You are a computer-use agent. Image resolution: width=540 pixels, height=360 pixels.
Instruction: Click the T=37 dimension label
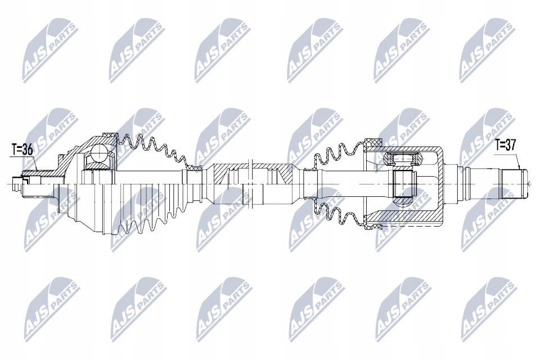pos(506,145)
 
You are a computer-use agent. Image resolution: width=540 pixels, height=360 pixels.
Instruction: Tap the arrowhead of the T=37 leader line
pos(519,170)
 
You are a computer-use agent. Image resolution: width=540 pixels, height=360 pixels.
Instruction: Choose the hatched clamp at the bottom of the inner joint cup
pos(372,226)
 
